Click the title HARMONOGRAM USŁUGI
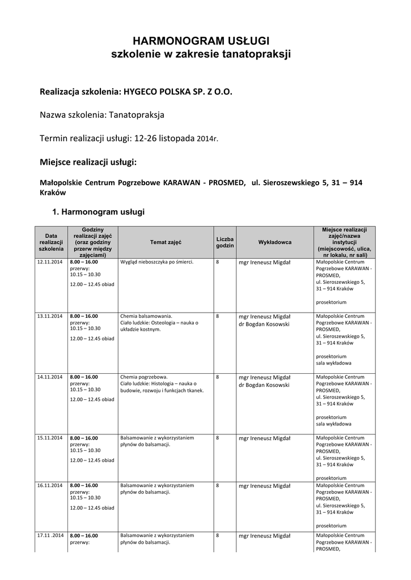201,41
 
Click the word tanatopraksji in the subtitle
258,55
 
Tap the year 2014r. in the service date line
207,139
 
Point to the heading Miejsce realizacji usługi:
88,162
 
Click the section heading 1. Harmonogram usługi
98,212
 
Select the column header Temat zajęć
166,242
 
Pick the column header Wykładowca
274,242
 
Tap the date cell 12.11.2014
49,262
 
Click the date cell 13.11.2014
49,316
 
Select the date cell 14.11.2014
49,377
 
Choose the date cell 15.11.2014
49,438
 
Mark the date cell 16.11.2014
49,485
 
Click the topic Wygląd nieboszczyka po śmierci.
157,262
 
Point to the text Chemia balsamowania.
146,316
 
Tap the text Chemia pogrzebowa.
144,377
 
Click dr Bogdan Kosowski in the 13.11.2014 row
264,325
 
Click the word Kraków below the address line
53,192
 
